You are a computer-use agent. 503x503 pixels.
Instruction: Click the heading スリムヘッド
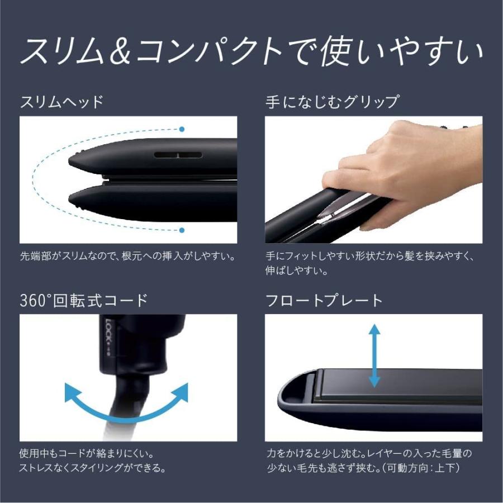click(61, 102)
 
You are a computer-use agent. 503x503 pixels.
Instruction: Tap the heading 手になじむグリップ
click(332, 102)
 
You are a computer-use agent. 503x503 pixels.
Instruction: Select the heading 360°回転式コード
click(84, 300)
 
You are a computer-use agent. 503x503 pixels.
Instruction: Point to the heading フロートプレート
click(324, 300)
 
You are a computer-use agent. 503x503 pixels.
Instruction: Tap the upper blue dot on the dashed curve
click(182, 129)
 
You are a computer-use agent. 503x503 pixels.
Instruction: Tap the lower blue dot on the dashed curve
click(182, 230)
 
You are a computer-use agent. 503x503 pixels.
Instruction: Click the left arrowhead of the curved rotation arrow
click(72, 391)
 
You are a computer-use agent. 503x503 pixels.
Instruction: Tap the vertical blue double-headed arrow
click(374, 357)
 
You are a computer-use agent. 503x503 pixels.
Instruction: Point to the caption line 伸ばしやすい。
click(296, 272)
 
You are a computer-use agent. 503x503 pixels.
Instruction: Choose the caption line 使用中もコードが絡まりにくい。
click(87, 453)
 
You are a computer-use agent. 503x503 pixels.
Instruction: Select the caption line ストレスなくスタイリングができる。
click(92, 468)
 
